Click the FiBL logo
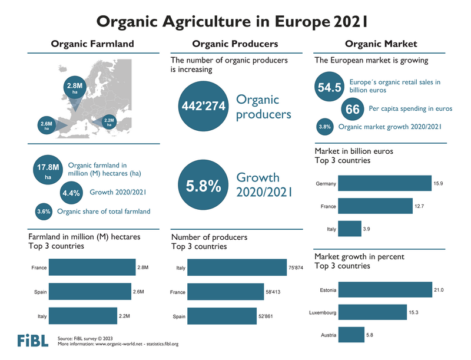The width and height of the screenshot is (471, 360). (29, 341)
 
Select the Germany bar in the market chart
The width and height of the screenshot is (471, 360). (384, 183)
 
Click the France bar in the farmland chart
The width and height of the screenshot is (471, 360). (92, 267)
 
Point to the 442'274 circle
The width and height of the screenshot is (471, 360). (203, 106)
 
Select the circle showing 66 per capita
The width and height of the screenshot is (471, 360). (352, 110)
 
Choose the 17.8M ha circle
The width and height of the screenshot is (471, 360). (48, 170)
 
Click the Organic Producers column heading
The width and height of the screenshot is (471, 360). (235, 44)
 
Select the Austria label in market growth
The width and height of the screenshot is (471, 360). (329, 335)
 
